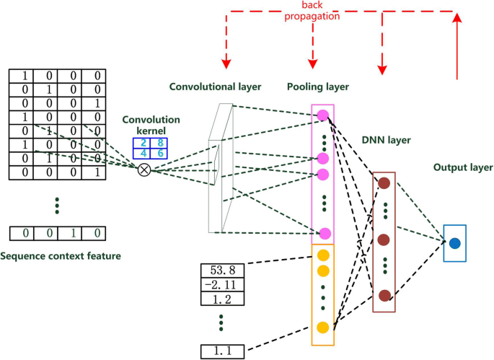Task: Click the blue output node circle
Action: coord(454,244)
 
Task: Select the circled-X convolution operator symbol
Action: coord(144,170)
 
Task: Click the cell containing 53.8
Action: coord(223,270)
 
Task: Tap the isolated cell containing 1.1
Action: coord(223,351)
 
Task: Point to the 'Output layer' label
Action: coord(462,167)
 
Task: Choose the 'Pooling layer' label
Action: coord(317,87)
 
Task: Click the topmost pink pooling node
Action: coord(323,115)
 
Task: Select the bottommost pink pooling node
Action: coord(325,233)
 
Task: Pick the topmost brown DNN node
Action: coord(384,183)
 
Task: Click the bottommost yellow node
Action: coord(322,328)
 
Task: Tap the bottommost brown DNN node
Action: coord(384,294)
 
